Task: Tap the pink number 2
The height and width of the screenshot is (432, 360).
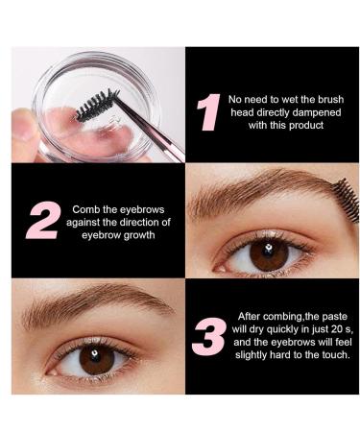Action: [x=42, y=221]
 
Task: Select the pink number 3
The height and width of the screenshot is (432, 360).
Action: [x=209, y=335]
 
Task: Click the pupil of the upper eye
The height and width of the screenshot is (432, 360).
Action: [x=269, y=255]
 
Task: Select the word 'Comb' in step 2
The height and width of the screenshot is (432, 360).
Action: [x=85, y=208]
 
